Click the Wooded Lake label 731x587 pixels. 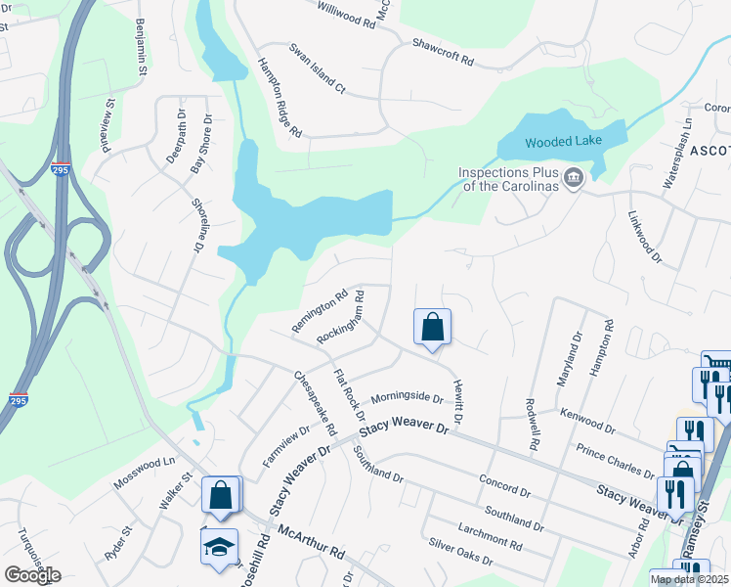click(562, 142)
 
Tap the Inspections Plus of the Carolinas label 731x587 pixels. click(508, 179)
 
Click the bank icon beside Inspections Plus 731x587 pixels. click(574, 178)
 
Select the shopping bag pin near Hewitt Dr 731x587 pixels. click(432, 328)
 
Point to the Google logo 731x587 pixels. click(32, 575)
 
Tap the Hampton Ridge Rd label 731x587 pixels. click(279, 96)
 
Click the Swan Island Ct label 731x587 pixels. click(317, 68)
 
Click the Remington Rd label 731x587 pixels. click(321, 310)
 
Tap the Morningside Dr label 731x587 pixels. click(408, 397)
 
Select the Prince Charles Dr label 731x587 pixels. click(615, 459)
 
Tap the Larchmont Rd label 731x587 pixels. click(489, 535)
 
